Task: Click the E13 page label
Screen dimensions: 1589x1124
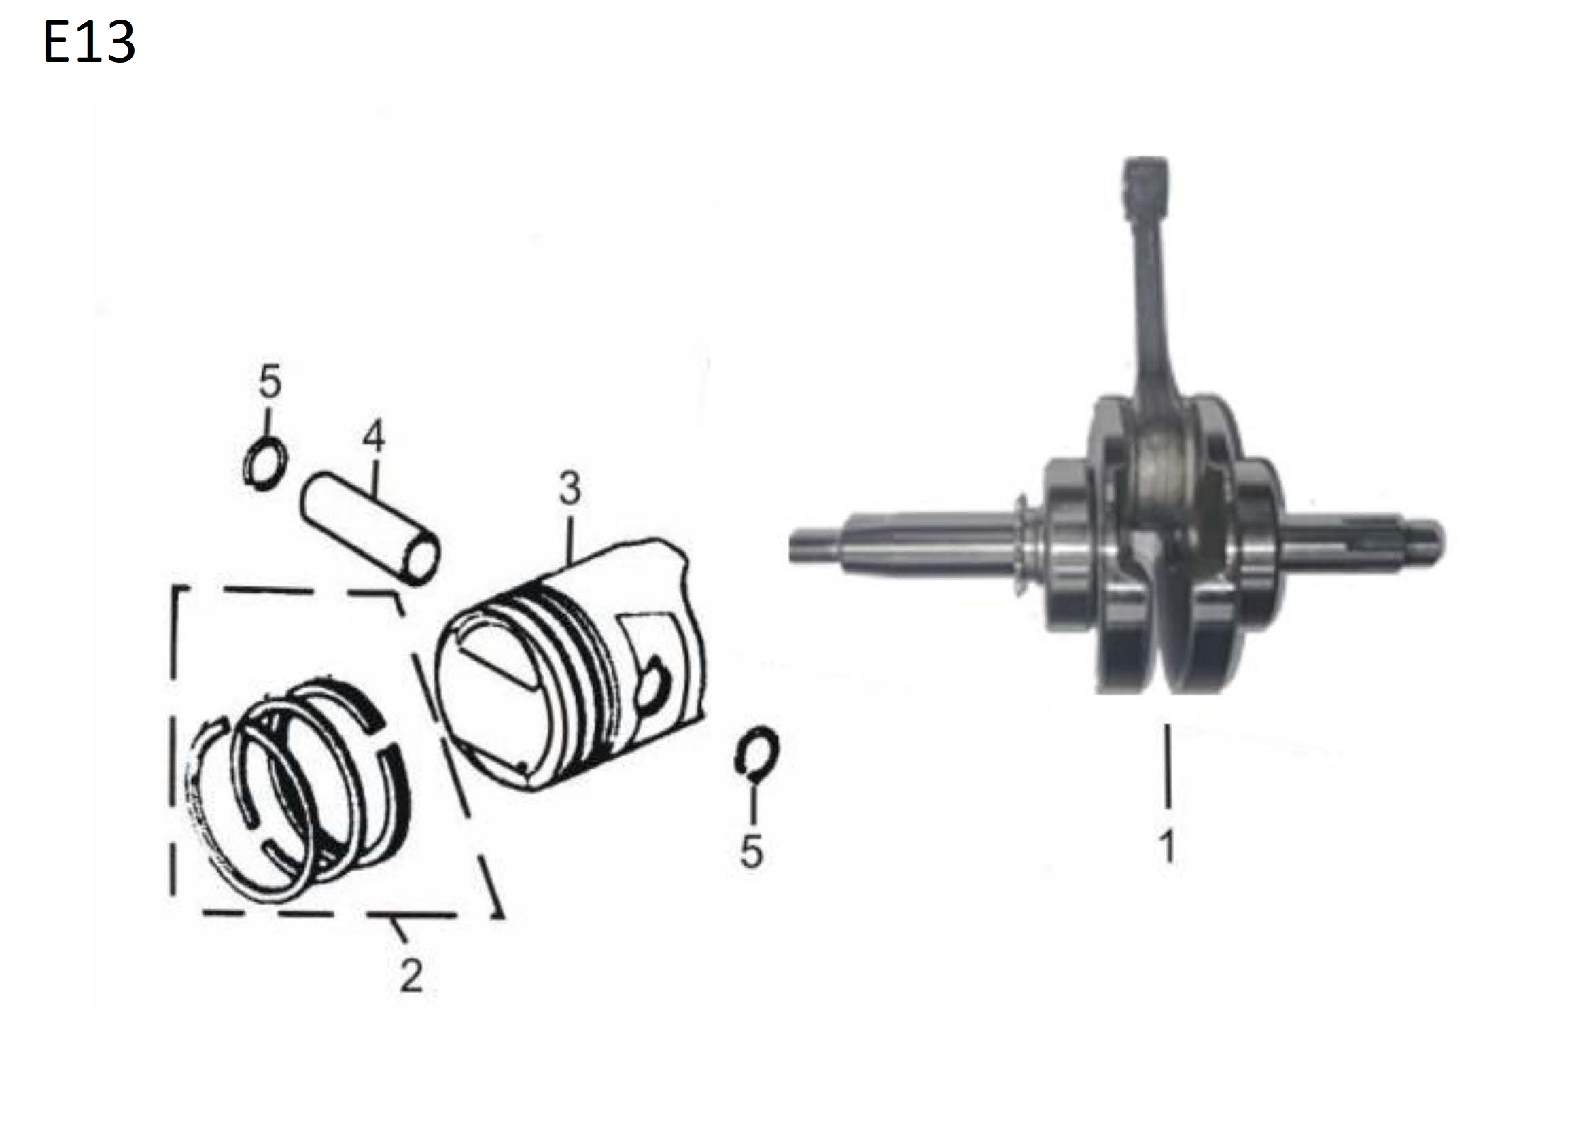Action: pos(89,42)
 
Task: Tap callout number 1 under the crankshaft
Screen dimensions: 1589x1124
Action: pos(1168,846)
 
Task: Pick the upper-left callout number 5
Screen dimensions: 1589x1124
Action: pos(270,381)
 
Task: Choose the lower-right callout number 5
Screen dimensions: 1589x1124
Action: pos(752,851)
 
